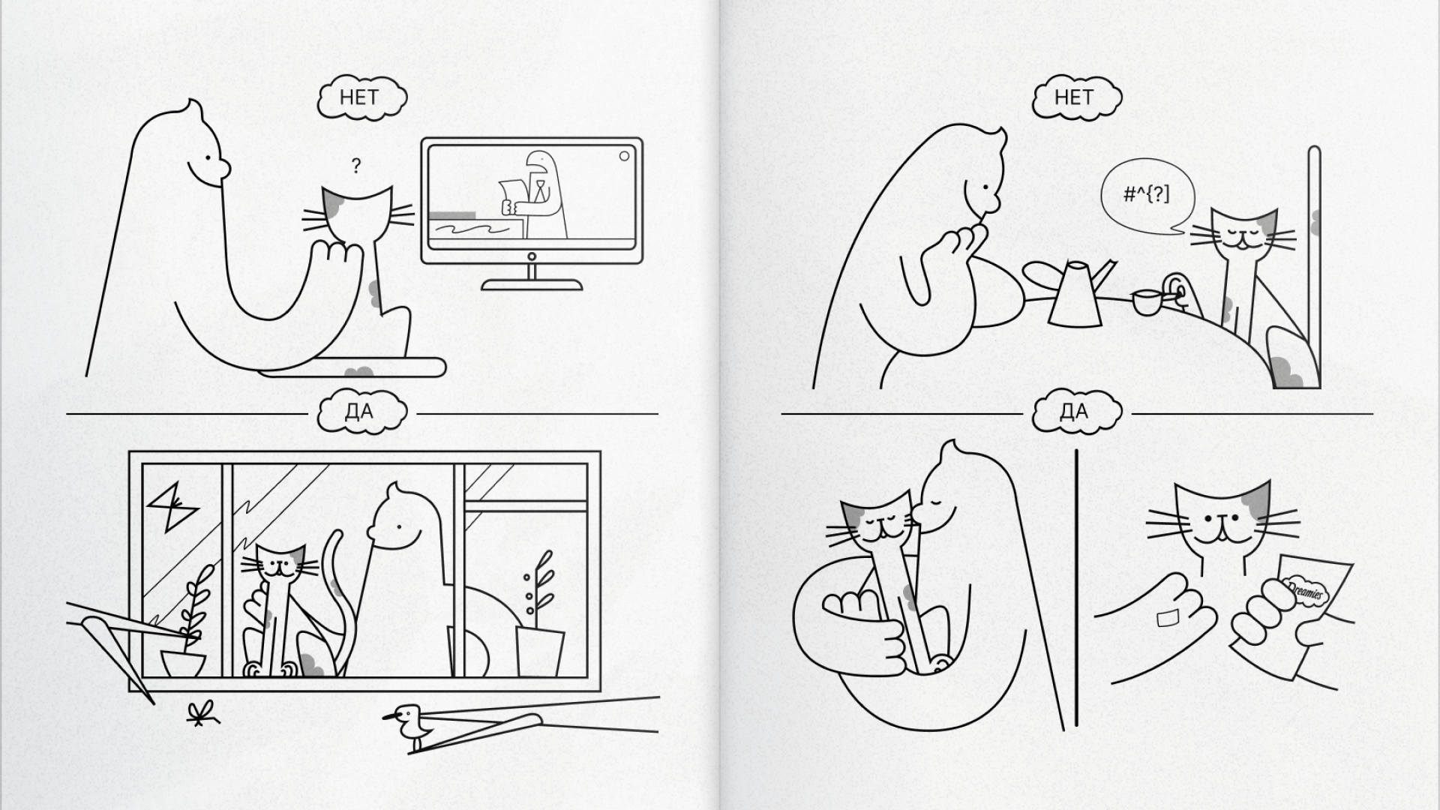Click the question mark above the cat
(x=355, y=166)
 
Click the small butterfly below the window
(x=199, y=715)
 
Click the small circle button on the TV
(x=624, y=156)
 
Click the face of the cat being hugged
(x=879, y=526)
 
